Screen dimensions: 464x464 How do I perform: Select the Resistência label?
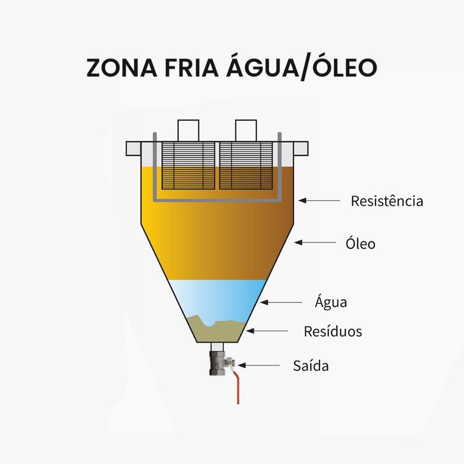[387, 201]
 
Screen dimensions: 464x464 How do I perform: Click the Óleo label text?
[357, 244]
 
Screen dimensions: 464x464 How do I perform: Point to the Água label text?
[331, 302]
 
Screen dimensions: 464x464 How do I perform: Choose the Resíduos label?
[333, 331]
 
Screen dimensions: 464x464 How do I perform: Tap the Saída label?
[311, 366]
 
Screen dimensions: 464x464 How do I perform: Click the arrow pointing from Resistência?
[320, 200]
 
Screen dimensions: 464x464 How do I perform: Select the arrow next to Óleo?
[317, 242]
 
